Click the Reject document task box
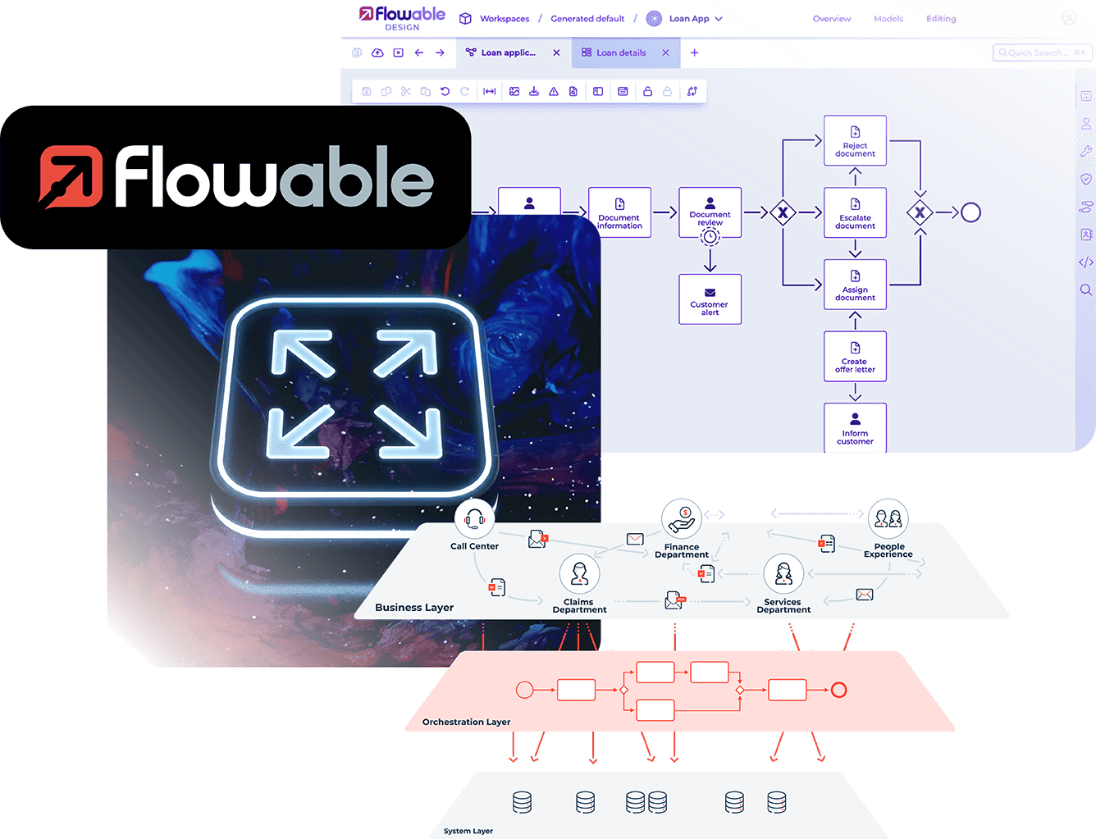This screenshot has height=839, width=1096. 855,141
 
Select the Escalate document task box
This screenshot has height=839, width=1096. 855,212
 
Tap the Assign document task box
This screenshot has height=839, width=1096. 855,285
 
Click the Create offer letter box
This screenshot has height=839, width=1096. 855,357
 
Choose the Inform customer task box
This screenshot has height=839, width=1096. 855,427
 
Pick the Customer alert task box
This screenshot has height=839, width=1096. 710,299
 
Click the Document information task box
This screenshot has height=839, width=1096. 619,212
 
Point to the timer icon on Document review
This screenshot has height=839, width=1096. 710,236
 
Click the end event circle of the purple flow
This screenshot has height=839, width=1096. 970,212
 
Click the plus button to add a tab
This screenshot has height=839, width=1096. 694,52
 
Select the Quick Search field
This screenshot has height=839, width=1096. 1042,52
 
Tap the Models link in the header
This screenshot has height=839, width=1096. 888,19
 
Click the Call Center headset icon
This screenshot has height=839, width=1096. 474,518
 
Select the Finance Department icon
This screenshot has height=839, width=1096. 682,519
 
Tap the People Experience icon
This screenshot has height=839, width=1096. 888,518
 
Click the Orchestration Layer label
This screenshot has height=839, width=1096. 466,722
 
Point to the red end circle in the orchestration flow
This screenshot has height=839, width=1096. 838,689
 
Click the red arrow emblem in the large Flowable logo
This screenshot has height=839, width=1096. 71,176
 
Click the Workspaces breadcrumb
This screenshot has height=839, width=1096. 505,19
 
